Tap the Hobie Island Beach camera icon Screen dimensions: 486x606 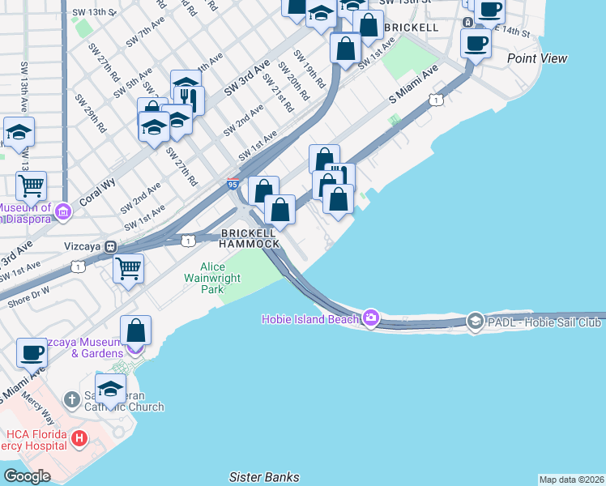(371, 318)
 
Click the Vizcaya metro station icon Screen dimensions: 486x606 (110, 246)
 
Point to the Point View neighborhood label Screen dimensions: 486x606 (537, 58)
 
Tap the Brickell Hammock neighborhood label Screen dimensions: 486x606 (250, 238)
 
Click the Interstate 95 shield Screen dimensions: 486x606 (233, 185)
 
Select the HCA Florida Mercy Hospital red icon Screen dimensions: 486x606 (79, 439)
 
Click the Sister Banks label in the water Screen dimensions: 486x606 (264, 477)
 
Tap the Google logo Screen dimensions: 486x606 (27, 475)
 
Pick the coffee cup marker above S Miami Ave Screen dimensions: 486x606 (32, 353)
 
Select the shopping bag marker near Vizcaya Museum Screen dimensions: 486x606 (135, 330)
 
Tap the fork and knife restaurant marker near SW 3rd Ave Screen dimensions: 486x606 (189, 100)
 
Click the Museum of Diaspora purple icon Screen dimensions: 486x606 (63, 212)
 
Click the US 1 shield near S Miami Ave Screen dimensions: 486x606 (436, 100)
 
